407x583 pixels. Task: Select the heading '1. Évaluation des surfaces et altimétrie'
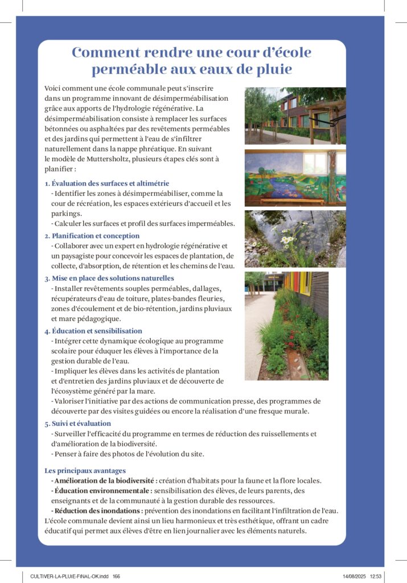106,183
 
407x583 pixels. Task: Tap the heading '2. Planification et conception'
92,236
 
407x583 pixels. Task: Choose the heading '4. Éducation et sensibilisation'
93,331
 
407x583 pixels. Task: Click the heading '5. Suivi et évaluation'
77,424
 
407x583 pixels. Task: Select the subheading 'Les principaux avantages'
85,471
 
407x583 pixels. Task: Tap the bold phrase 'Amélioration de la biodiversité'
104,481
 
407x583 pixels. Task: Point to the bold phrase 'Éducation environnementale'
103,490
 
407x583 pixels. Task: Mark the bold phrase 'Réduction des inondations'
97,511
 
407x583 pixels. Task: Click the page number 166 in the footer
117,577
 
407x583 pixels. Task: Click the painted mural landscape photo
295,178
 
